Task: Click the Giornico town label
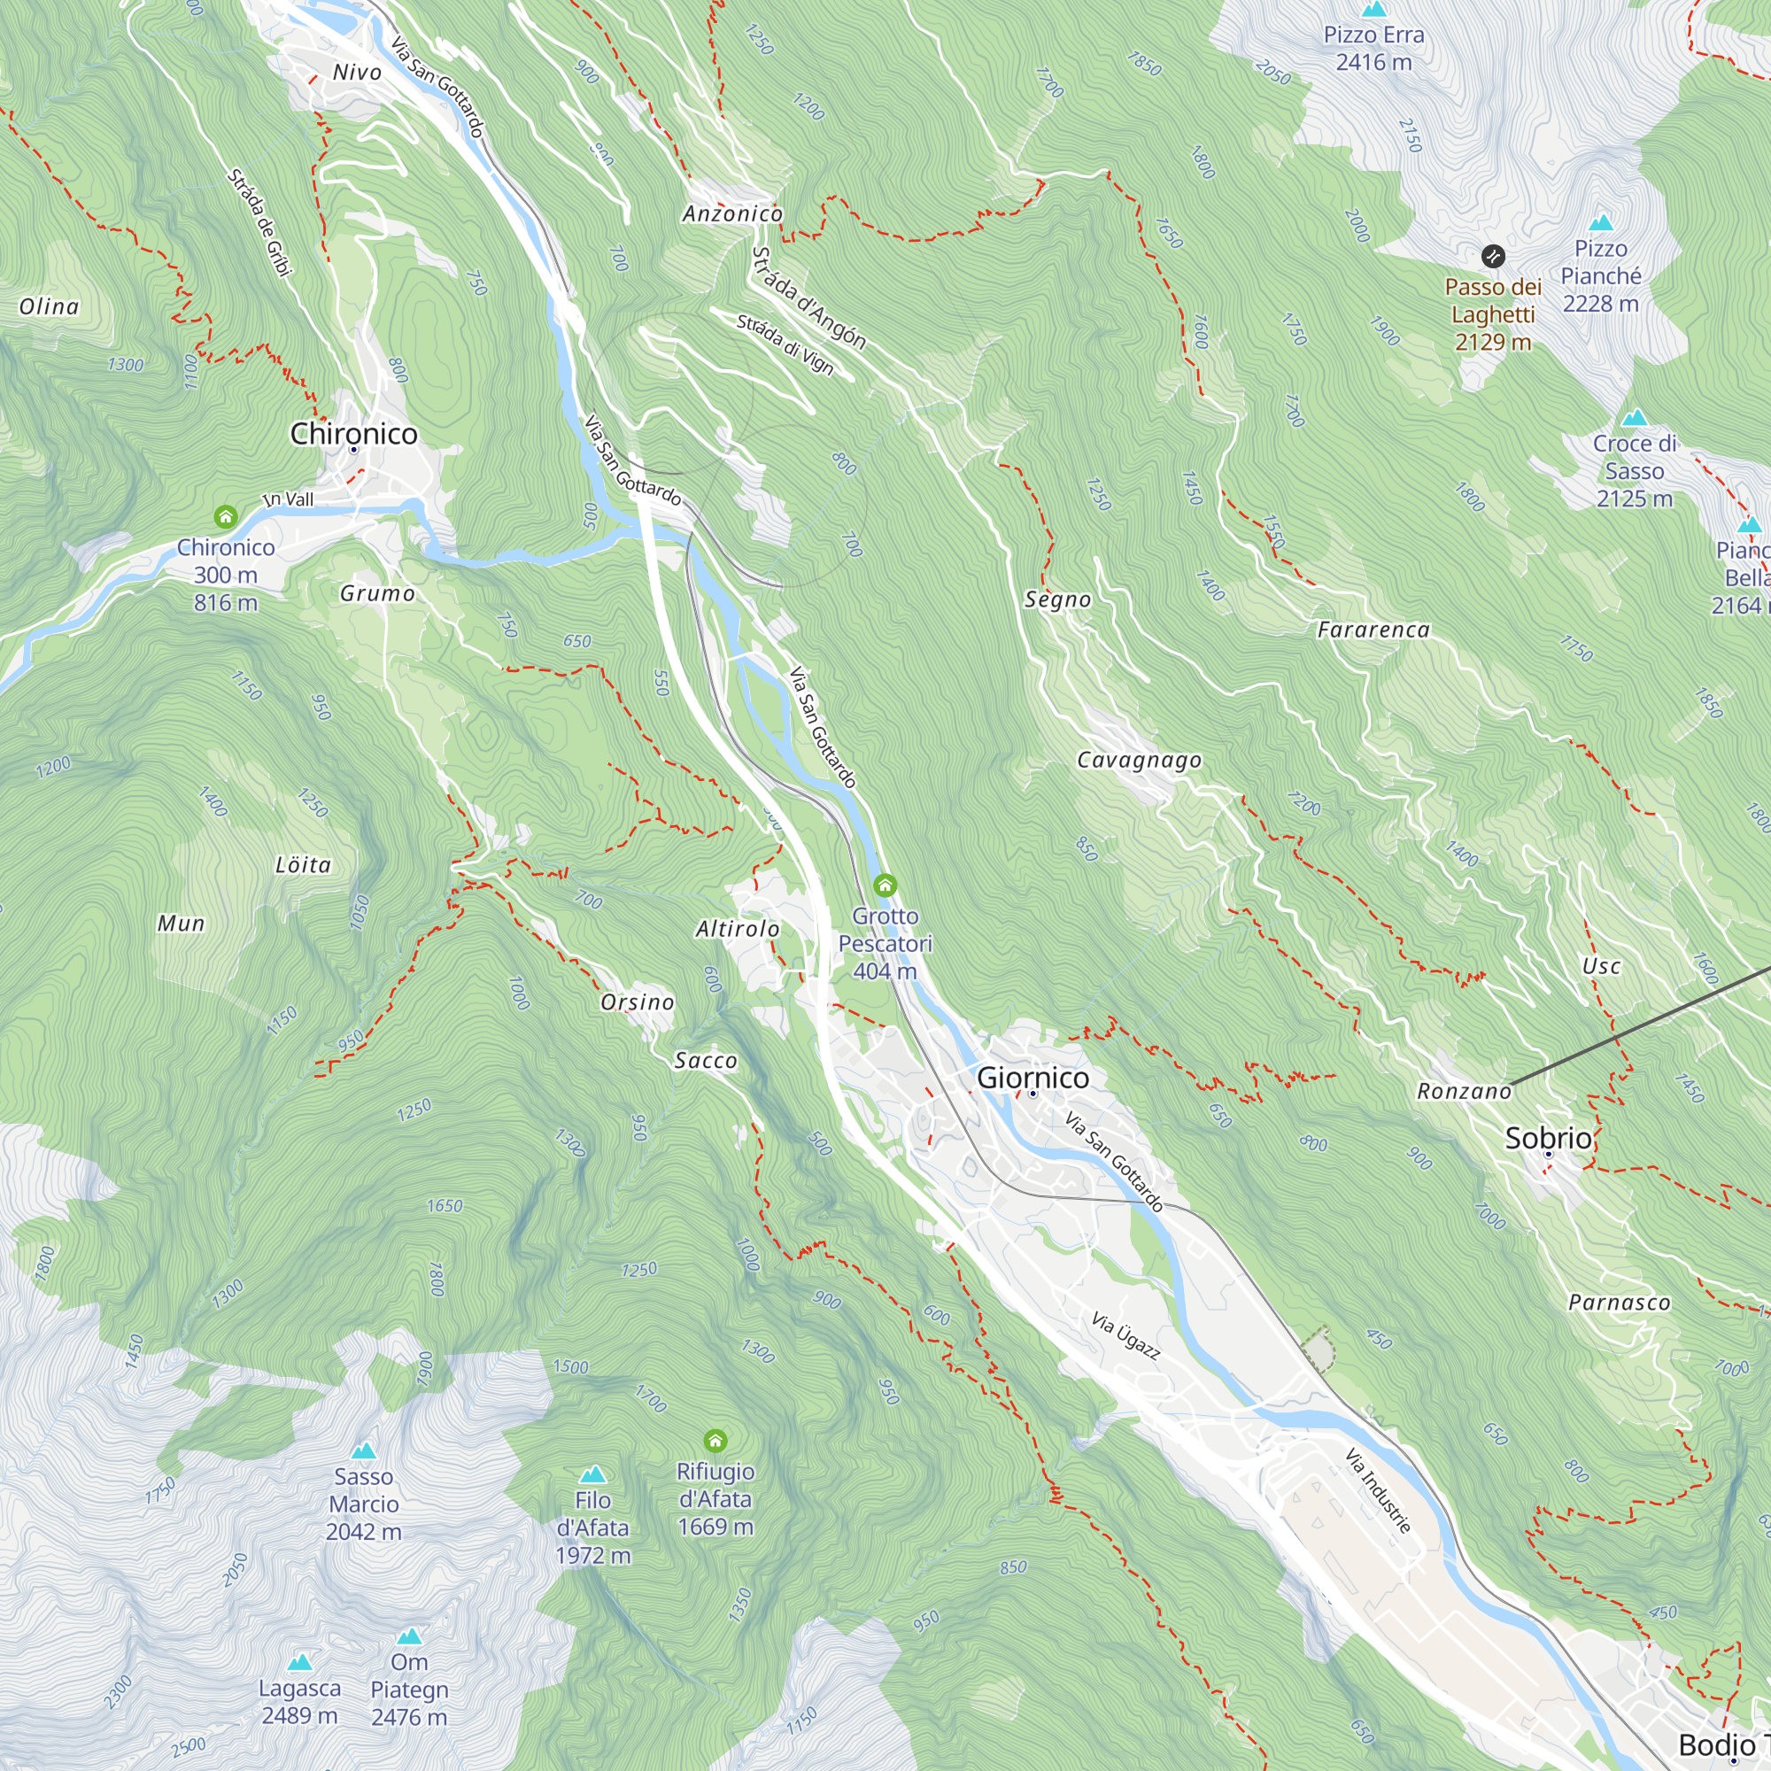[x=1033, y=1077]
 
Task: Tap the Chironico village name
[x=354, y=433]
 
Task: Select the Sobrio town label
[x=1548, y=1138]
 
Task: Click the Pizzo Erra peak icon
[x=1373, y=10]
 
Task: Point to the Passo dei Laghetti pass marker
[x=1493, y=256]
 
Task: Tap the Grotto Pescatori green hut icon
[x=885, y=885]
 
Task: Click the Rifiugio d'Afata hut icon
[x=715, y=1441]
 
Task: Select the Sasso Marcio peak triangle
[x=364, y=1450]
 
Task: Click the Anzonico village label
[x=732, y=213]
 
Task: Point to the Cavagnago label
[x=1139, y=760]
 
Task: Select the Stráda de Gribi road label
[x=259, y=222]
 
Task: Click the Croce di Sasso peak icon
[x=1635, y=419]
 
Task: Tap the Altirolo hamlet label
[x=737, y=929]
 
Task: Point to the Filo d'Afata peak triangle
[x=593, y=1475]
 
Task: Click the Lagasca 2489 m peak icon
[x=300, y=1662]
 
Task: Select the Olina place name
[x=49, y=306]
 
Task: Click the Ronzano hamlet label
[x=1464, y=1091]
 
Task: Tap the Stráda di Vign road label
[x=785, y=344]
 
